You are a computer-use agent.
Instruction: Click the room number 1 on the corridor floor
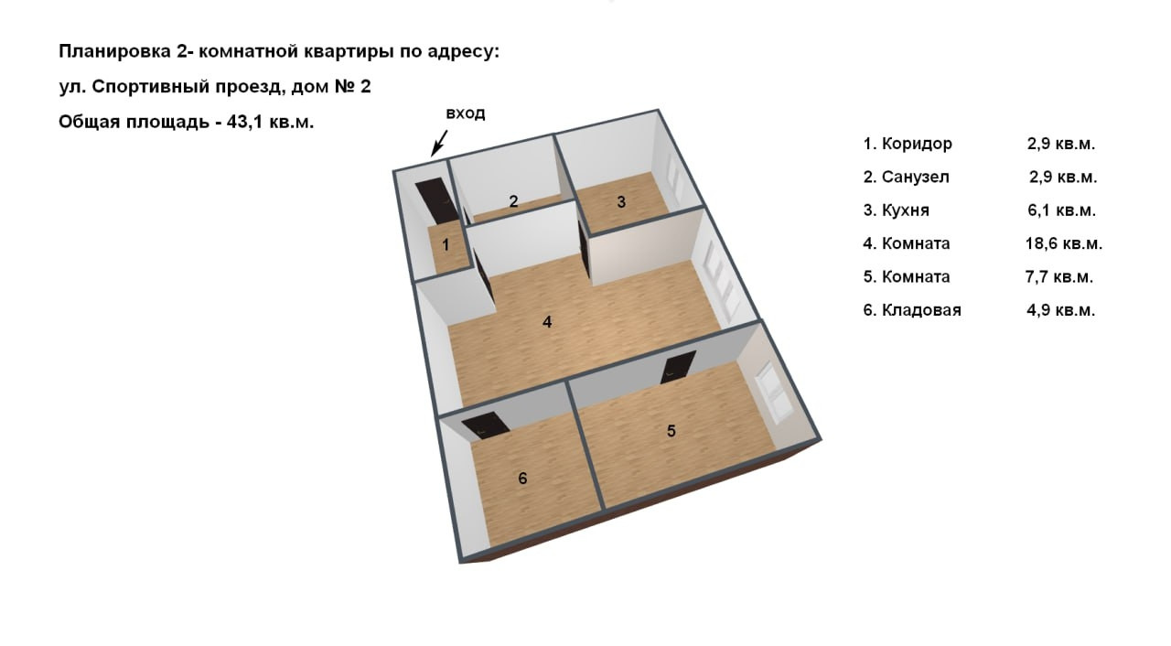tap(446, 244)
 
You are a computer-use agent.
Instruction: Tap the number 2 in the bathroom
tap(513, 201)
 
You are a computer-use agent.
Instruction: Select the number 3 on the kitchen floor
tap(621, 201)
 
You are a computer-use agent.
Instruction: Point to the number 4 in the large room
tap(547, 322)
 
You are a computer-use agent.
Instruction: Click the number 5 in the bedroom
tap(671, 431)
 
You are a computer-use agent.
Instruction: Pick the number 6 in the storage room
tap(522, 479)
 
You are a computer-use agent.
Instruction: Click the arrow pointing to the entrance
tap(439, 144)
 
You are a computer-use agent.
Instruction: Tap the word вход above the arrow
tap(466, 113)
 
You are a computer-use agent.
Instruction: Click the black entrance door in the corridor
tap(439, 201)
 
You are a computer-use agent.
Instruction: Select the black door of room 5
tap(678, 367)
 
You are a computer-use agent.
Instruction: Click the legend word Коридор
tap(917, 144)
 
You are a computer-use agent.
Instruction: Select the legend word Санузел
tap(916, 178)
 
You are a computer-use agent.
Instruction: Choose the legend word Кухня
tap(906, 210)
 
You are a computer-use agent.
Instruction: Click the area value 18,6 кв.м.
tap(1064, 243)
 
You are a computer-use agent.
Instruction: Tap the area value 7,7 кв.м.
tap(1059, 277)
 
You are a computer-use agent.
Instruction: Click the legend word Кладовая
tap(921, 310)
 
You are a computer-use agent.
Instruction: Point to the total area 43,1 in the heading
tap(246, 123)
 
